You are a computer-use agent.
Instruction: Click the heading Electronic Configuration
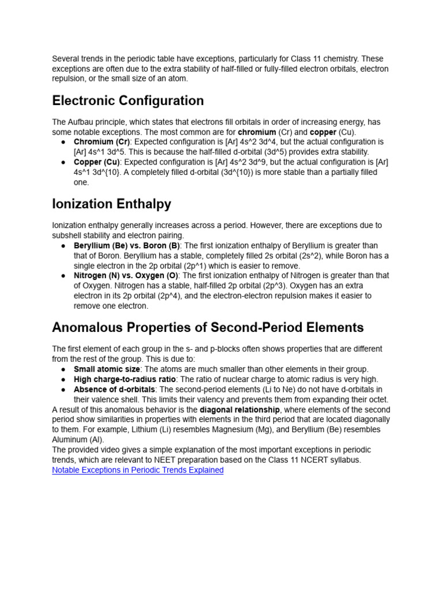coord(127,101)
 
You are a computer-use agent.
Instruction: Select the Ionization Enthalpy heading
coord(111,204)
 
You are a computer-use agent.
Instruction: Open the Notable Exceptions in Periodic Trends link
coord(137,470)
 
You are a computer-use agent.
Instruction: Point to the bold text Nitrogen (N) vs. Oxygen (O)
coord(126,276)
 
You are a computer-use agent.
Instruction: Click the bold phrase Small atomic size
coord(107,369)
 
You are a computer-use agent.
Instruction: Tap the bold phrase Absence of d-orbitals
coord(114,390)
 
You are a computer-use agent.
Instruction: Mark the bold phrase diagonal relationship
coord(240,410)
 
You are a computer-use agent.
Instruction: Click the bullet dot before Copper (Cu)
coord(62,162)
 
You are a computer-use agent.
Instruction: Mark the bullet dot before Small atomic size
coord(62,369)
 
